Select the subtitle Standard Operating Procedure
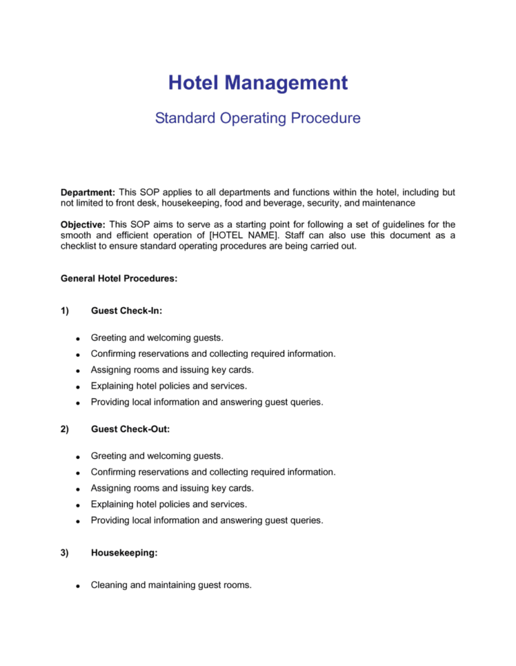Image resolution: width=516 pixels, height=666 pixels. click(x=257, y=119)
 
